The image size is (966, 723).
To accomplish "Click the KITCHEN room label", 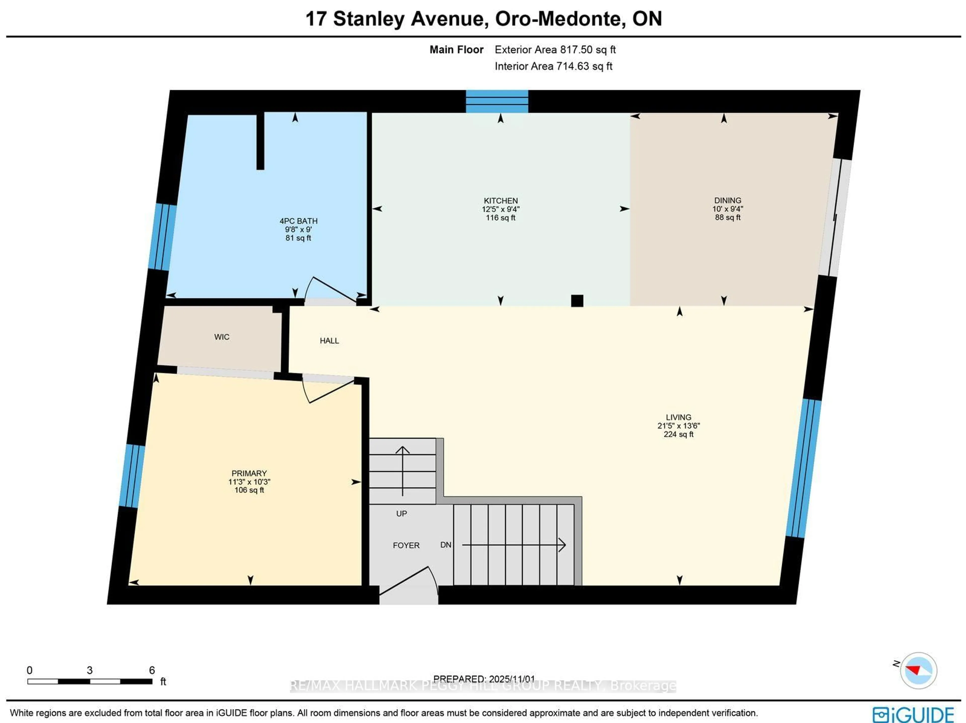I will [500, 200].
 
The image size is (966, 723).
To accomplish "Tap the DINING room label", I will [728, 200].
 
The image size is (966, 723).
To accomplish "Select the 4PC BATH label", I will [298, 221].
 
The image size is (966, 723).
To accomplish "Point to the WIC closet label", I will [221, 337].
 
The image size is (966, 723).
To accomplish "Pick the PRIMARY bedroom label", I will [249, 473].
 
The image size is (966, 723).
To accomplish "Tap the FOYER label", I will [406, 545].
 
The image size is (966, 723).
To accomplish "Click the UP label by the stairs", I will [401, 514].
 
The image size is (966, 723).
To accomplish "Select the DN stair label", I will [446, 545].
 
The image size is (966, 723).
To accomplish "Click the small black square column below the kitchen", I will [577, 301].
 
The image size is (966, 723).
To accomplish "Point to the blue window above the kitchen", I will [497, 101].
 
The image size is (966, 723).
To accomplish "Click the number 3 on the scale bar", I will [90, 670].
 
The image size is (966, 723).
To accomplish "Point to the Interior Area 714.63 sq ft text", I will [553, 66].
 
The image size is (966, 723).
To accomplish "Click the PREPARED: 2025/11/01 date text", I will [484, 679].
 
